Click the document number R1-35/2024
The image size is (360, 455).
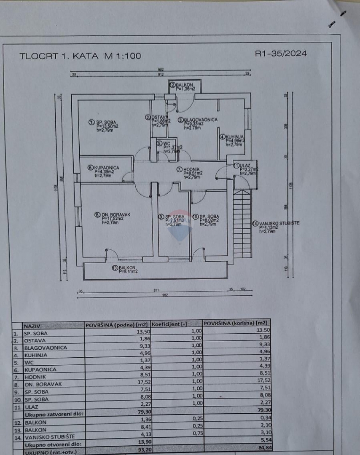(281, 53)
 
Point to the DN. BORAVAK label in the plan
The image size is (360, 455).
(115, 214)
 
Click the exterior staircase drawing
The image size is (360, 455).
(242, 223)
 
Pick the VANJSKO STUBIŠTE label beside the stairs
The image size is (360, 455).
(278, 223)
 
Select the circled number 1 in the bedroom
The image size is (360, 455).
(91, 122)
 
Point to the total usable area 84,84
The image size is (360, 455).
(261, 452)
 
